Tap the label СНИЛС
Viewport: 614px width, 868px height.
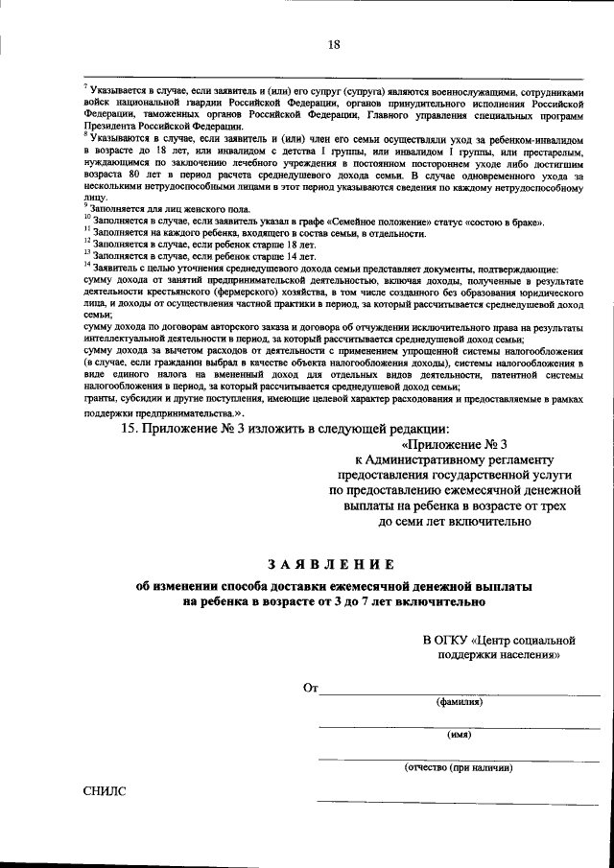105,791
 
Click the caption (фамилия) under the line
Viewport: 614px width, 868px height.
460,702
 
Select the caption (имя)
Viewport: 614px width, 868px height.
460,735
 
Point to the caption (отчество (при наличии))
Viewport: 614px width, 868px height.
460,767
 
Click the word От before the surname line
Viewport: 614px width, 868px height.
309,689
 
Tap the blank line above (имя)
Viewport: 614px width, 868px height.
460,726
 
